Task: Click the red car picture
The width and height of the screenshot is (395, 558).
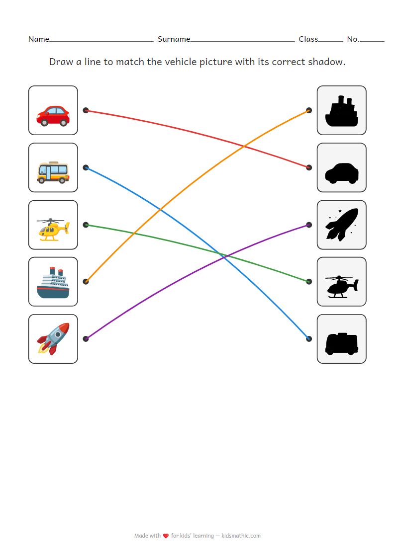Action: [x=53, y=115]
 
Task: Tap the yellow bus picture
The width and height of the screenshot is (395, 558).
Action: [x=53, y=172]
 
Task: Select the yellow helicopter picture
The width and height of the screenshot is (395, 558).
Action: [x=53, y=230]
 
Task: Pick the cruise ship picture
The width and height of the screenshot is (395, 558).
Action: [x=53, y=282]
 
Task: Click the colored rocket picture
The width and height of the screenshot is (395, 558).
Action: [x=53, y=339]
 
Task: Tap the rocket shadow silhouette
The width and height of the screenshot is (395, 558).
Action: [x=341, y=225]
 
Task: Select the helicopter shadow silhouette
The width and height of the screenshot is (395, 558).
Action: [x=341, y=286]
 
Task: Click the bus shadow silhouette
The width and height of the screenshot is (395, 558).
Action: [x=341, y=343]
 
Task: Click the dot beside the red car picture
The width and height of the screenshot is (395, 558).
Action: [x=86, y=110]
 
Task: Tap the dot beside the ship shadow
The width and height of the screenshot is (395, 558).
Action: [x=309, y=110]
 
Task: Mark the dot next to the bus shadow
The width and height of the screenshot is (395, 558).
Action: [x=309, y=339]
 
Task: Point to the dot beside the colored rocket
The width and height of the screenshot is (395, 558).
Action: [x=86, y=339]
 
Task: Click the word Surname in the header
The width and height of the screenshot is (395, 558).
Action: [x=174, y=39]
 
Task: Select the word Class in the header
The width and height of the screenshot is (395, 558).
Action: [x=308, y=39]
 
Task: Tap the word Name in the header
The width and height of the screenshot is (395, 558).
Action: [x=38, y=39]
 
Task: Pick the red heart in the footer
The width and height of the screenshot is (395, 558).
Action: [x=166, y=536]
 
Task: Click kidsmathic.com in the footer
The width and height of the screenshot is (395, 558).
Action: [x=241, y=536]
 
